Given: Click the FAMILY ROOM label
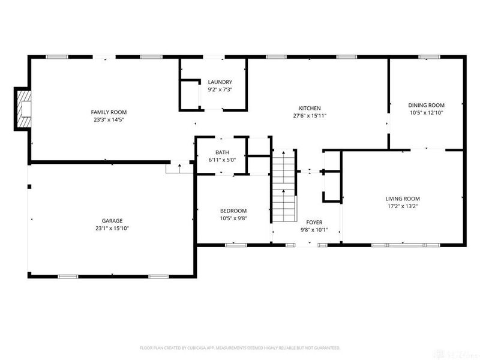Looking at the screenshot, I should pyautogui.click(x=109, y=112).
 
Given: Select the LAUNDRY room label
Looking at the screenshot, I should pyautogui.click(x=220, y=82).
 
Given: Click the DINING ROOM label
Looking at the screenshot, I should pyautogui.click(x=426, y=104).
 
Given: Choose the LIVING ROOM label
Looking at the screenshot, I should pyautogui.click(x=402, y=199).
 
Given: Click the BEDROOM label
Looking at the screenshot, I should pyautogui.click(x=233, y=211).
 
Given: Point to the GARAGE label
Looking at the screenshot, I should pyautogui.click(x=112, y=221).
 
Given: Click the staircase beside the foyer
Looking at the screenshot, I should pyautogui.click(x=284, y=186).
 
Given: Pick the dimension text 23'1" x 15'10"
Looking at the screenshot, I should pyautogui.click(x=112, y=228).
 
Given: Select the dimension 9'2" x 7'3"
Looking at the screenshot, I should pyautogui.click(x=220, y=89).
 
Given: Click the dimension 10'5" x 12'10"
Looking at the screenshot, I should pyautogui.click(x=426, y=112).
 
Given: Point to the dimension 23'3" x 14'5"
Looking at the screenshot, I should pyautogui.click(x=109, y=119).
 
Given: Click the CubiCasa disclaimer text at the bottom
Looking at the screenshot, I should pyautogui.click(x=240, y=348).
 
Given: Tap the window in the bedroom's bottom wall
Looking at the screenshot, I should pyautogui.click(x=236, y=245).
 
